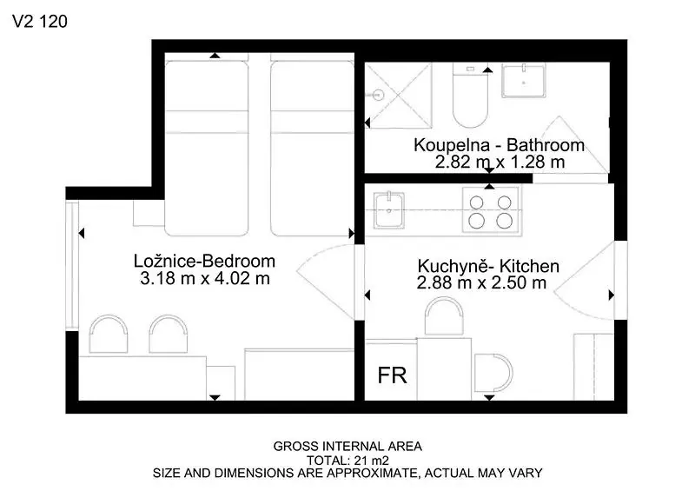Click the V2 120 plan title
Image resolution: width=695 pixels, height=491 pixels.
[40, 21]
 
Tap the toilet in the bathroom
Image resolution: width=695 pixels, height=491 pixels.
[470, 95]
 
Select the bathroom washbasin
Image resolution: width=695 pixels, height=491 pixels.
[524, 80]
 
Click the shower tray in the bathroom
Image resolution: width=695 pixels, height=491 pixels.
[398, 95]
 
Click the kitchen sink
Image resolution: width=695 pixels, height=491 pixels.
[388, 210]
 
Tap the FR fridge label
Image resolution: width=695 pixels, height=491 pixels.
[393, 375]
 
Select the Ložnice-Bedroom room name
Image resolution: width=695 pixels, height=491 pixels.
[204, 261]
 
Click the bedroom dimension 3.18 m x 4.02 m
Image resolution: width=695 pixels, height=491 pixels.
[205, 279]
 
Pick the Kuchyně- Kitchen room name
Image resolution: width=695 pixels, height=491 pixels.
[488, 266]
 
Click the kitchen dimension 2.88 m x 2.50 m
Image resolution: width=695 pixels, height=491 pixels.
[481, 282]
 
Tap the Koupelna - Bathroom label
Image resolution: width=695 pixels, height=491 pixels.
[499, 145]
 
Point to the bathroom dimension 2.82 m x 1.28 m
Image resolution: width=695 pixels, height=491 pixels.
[500, 162]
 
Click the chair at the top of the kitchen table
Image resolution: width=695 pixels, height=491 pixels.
[444, 315]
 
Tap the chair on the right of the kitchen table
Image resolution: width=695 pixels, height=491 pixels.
[493, 373]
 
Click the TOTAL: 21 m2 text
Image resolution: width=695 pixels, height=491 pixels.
[348, 461]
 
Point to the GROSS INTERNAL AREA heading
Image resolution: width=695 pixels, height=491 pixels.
[347, 446]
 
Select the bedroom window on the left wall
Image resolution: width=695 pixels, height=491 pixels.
[72, 265]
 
